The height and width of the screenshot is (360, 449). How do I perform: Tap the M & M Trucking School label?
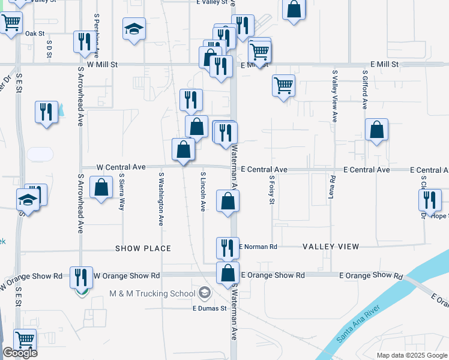click(152, 293)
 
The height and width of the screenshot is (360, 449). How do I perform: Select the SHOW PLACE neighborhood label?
click(143, 248)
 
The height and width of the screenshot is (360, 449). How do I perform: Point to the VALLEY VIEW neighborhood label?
click(331, 247)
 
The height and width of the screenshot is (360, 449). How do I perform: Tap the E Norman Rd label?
click(259, 247)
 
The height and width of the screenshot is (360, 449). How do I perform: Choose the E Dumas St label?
click(208, 308)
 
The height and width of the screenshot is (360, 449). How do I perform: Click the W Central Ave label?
click(122, 167)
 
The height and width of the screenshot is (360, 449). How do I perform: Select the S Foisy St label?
click(271, 190)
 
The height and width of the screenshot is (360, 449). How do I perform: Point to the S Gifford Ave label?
click(364, 89)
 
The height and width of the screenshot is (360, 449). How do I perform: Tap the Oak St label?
click(35, 34)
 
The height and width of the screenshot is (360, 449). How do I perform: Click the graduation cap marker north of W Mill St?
click(134, 28)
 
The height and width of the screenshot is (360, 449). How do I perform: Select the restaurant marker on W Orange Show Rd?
click(81, 277)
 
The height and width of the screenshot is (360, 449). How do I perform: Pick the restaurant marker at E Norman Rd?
click(228, 247)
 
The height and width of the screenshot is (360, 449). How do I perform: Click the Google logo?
click(20, 353)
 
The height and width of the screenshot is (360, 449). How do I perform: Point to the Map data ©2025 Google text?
click(411, 355)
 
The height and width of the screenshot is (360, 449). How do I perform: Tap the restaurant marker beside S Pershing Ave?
click(83, 41)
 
